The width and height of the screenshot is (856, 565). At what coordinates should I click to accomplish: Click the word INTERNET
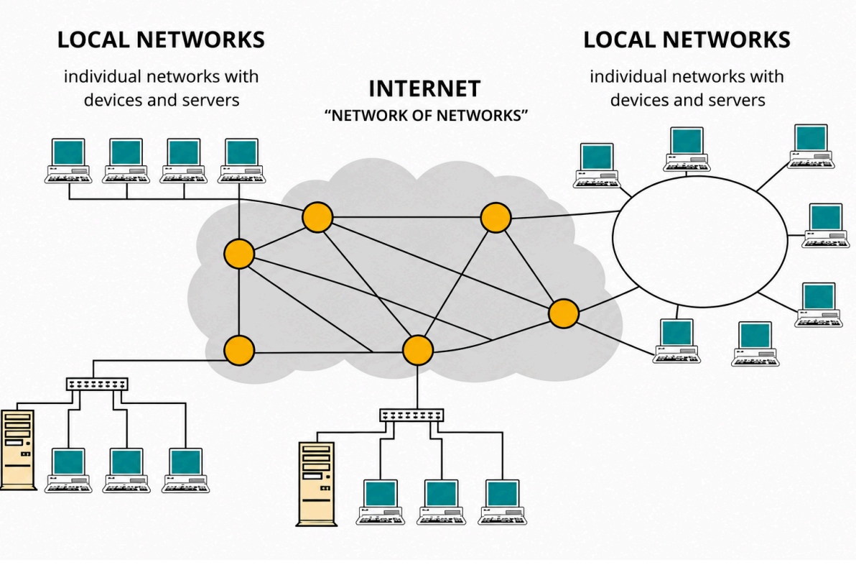424,88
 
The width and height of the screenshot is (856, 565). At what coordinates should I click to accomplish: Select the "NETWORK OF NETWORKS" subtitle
426,115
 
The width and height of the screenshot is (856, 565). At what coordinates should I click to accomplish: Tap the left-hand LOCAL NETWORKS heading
161,40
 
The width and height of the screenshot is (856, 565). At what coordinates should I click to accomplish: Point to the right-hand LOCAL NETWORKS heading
687,40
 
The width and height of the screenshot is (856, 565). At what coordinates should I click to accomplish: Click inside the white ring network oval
700,240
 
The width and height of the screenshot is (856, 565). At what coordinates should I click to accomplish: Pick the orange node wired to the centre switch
418,350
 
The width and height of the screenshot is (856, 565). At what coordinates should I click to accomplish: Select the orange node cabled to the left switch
239,350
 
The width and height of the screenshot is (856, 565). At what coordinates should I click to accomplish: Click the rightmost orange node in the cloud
564,313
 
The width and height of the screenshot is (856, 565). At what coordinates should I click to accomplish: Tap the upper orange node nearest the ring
496,218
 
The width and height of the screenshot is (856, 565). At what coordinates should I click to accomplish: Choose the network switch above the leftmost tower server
98,384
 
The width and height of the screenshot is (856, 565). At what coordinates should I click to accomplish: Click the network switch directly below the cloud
411,415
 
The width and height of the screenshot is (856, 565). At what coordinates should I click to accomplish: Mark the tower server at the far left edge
17,450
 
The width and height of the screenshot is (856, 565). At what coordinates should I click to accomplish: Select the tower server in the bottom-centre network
317,484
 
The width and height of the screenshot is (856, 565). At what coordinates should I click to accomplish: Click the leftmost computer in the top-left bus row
68,160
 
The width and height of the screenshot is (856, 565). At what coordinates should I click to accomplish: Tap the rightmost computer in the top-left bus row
241,160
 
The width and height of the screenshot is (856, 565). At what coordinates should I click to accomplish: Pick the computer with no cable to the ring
755,344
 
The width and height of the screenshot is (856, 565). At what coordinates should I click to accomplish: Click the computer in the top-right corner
811,147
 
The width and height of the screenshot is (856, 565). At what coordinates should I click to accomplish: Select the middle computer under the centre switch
441,502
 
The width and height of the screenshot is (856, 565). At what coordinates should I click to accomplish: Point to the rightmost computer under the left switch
185,470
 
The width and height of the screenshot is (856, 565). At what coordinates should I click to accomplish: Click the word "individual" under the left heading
103,76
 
